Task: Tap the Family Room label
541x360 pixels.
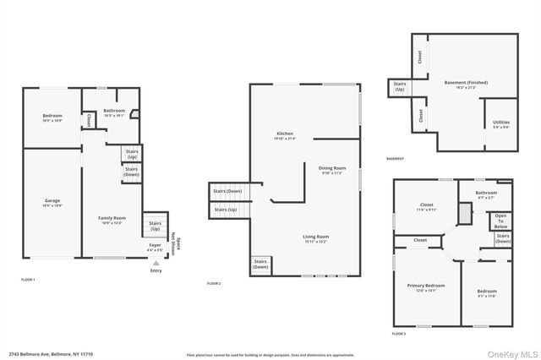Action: (x=112, y=219)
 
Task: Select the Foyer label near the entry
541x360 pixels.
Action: (x=155, y=247)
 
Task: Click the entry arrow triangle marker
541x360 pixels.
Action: (x=156, y=262)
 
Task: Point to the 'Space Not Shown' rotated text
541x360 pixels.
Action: (x=177, y=244)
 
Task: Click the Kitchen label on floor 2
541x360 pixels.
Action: (x=285, y=136)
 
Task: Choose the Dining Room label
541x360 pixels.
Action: (x=332, y=170)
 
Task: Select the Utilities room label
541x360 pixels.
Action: (x=501, y=125)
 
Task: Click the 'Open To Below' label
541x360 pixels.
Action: (x=501, y=221)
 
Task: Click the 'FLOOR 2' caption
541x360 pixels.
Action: (x=214, y=283)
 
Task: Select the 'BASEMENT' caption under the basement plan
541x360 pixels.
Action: (x=395, y=159)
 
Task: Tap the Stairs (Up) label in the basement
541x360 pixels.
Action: (x=399, y=86)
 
